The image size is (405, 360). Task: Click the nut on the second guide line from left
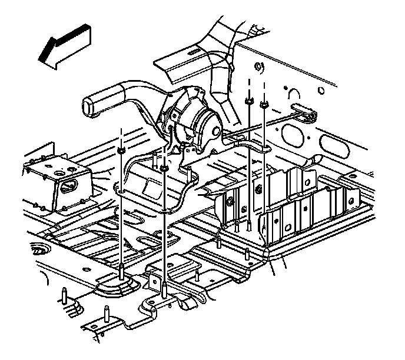(x=164, y=169)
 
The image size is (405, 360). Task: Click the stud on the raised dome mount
(x=120, y=271)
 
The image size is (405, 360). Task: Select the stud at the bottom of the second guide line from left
(x=164, y=286)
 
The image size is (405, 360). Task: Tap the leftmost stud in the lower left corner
(x=62, y=294)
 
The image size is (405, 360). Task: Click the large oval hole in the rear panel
(x=291, y=133)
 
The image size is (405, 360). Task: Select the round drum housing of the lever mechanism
(x=200, y=121)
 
